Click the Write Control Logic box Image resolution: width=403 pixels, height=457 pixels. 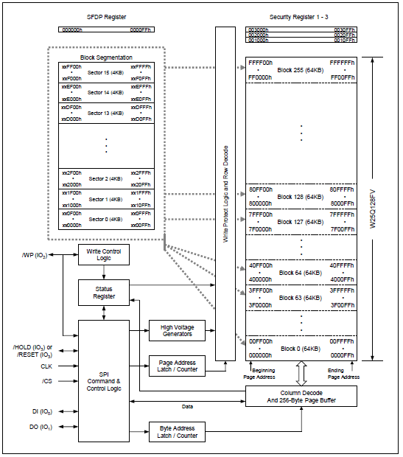[x=104, y=255]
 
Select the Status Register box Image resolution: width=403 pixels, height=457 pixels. [x=104, y=293]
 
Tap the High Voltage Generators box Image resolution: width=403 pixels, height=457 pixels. [x=177, y=330]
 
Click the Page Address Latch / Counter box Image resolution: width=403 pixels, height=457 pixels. [x=177, y=366]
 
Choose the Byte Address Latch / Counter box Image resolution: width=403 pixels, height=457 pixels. [x=177, y=432]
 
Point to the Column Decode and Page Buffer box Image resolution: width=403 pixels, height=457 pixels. [x=301, y=397]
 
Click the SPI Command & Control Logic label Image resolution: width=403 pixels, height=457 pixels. [x=104, y=381]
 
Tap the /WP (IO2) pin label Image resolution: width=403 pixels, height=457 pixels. [x=35, y=255]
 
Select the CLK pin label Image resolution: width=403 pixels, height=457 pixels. [x=46, y=366]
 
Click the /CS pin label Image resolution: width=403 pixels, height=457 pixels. [x=47, y=381]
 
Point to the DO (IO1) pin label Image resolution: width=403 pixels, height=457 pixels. [x=41, y=427]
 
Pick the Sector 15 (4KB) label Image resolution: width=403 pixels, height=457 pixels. [x=105, y=72]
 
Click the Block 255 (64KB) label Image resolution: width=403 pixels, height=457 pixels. [x=301, y=70]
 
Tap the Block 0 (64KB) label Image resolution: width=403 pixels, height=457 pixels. [x=301, y=349]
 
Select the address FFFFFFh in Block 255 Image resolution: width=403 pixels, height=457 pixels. [x=342, y=63]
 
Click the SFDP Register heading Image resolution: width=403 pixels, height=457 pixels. [x=106, y=17]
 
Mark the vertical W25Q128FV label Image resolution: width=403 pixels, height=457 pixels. [x=372, y=209]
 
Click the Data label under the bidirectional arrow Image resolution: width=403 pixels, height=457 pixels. [x=187, y=406]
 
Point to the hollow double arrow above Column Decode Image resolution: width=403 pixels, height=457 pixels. [x=301, y=374]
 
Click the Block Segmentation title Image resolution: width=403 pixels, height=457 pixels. [x=106, y=57]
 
